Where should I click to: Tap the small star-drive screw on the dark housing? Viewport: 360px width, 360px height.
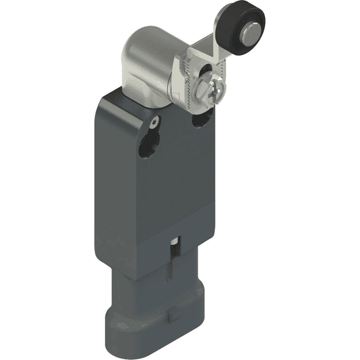(156, 122)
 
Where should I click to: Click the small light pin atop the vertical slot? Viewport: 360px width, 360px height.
(174, 243)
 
